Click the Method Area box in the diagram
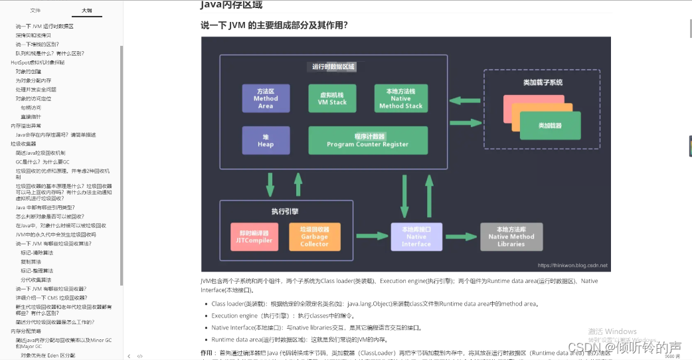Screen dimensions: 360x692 tap(266, 98)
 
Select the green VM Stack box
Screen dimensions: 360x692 tap(332, 98)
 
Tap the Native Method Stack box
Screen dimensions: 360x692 tap(400, 98)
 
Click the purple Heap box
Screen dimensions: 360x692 tap(266, 140)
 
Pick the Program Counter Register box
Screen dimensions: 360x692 tap(367, 140)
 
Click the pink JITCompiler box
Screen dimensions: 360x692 tap(254, 236)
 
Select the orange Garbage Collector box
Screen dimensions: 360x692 tap(314, 236)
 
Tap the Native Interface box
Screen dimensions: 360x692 tap(416, 236)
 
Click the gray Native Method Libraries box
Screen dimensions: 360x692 tap(511, 236)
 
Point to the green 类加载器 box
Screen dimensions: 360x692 tap(550, 125)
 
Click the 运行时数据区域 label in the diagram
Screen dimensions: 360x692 tap(333, 66)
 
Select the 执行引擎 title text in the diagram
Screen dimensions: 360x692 tap(284, 211)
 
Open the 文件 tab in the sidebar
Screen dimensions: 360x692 tap(35, 11)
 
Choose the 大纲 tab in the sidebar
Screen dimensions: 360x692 tap(87, 11)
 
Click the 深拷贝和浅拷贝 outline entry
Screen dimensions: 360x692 tap(33, 35)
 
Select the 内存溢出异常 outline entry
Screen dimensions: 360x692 tap(26, 126)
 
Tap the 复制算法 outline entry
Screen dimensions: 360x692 tap(31, 262)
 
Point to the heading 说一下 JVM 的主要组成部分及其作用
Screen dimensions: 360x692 tap(274, 26)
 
